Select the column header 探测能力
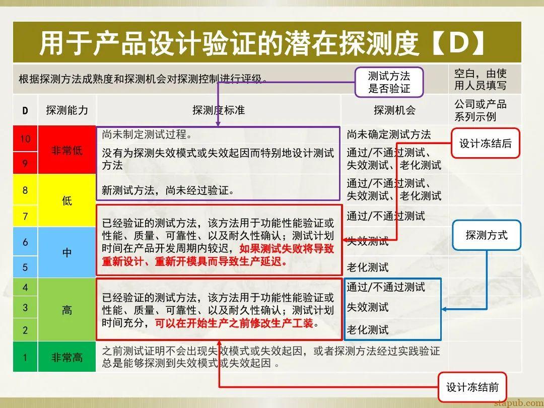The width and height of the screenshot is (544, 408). tap(67, 110)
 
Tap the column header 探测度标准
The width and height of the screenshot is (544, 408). tap(219, 110)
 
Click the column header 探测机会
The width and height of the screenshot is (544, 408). tap(394, 110)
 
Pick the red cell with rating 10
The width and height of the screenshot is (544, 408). tap(25, 139)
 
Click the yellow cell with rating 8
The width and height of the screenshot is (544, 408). tap(25, 190)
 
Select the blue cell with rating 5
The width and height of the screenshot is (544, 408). tap(25, 266)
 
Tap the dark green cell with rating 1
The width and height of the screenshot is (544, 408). tap(25, 357)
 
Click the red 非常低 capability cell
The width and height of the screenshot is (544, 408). tap(67, 150)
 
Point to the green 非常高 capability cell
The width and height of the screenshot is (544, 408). tap(67, 357)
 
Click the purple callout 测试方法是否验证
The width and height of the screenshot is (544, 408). tap(389, 82)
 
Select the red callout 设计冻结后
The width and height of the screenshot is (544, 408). tap(485, 143)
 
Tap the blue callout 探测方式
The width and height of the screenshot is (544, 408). tap(487, 235)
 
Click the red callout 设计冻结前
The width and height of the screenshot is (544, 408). tap(472, 387)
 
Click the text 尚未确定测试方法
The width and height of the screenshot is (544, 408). tap(388, 134)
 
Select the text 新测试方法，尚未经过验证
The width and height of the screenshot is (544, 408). tap(168, 190)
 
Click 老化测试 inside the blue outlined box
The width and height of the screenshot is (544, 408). tap(368, 330)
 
